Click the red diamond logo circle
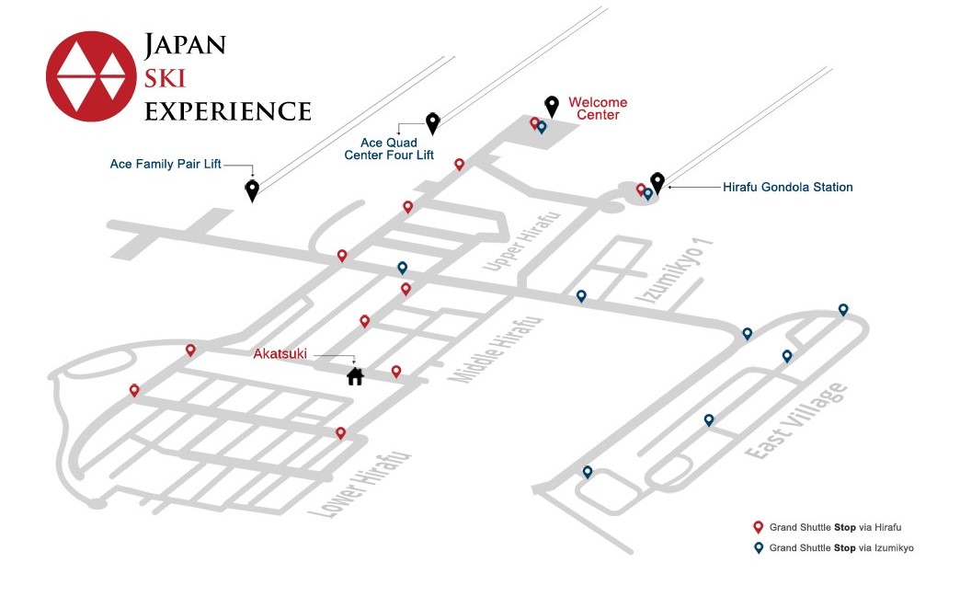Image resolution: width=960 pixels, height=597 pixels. [x=90, y=77]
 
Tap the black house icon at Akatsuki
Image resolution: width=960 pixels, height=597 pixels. [x=355, y=375]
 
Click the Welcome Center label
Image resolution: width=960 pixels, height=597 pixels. [x=598, y=109]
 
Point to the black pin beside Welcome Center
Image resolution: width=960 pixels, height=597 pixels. [x=552, y=106]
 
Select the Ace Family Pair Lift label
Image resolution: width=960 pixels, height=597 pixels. [x=166, y=165]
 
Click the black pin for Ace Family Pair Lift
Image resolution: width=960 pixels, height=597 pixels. [x=252, y=189]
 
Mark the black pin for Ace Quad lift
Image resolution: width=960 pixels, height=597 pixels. [x=432, y=122]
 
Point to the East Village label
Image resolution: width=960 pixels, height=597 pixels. [x=796, y=423]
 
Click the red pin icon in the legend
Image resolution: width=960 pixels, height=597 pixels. [x=758, y=527]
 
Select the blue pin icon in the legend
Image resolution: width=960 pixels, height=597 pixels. [x=758, y=547]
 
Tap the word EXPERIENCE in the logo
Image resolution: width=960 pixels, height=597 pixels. [x=228, y=110]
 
